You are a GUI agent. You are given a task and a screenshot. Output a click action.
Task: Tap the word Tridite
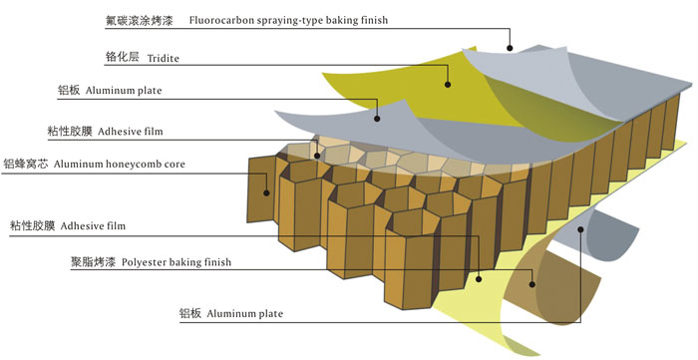pos(163,58)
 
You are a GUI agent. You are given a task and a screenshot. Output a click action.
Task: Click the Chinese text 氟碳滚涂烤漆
pos(139,20)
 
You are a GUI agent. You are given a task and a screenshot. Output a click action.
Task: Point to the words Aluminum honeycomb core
pos(120,164)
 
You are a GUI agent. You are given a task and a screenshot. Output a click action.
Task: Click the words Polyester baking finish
pos(176,262)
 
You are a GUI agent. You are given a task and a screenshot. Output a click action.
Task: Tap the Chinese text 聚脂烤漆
pos(93,261)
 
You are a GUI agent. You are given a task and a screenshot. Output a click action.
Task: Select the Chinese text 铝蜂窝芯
pos(26,164)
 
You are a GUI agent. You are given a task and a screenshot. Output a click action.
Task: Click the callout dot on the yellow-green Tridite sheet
pos(448,85)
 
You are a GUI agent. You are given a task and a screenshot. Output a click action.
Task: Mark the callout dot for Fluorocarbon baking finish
pos(510,48)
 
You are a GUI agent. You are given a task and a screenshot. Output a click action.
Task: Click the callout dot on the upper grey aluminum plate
pos(377,119)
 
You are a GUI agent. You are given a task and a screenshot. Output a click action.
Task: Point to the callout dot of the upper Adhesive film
pos(317,156)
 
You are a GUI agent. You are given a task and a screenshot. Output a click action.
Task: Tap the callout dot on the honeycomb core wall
pos(266,192)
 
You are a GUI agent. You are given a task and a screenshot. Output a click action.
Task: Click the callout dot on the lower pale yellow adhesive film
pos(479,279)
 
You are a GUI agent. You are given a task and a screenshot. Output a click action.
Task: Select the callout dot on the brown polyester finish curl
pos(531,284)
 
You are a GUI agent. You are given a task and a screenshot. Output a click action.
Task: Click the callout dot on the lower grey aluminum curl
pos(580,229)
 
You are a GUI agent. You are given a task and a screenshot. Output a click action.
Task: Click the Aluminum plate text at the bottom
pos(245,314)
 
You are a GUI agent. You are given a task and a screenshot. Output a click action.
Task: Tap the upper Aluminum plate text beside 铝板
pos(124,91)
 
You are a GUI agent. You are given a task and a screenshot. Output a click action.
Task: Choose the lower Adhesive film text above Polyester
pos(93,226)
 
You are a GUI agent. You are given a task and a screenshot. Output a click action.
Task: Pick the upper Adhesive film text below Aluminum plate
pos(131,132)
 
